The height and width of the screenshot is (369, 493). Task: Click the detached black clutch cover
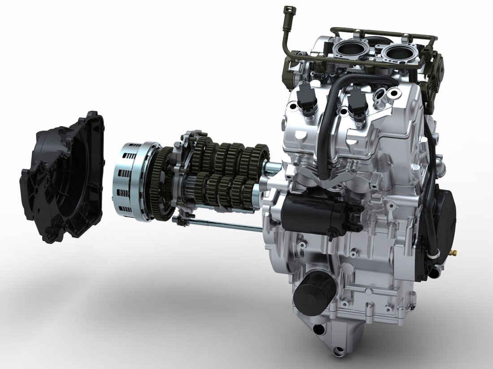click(63, 179)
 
